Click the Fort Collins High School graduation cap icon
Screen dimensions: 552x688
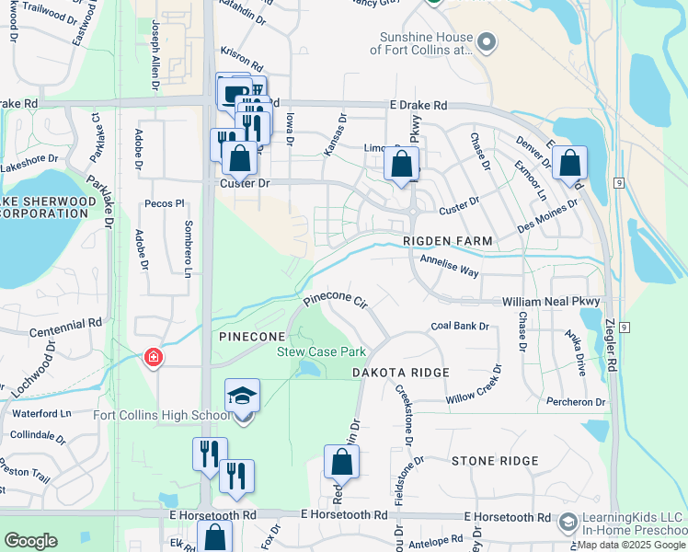tap(243, 396)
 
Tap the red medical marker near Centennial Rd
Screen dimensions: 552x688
tap(154, 358)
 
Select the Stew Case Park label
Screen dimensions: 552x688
tap(322, 351)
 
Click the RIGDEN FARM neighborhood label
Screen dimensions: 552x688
tap(448, 241)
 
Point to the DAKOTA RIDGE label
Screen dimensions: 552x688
tap(401, 373)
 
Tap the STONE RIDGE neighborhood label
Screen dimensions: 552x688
tap(494, 460)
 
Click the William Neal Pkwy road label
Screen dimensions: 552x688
tap(551, 302)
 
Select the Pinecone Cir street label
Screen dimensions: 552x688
tap(336, 300)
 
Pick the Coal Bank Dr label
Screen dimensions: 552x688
tap(459, 327)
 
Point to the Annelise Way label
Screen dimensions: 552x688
tap(450, 266)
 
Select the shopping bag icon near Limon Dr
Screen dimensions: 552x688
tap(401, 166)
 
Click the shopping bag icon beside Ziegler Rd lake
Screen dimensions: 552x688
tap(570, 164)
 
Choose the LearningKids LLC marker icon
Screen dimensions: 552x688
tap(568, 522)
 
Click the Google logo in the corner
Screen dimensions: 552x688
tap(30, 541)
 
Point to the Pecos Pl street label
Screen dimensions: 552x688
tap(165, 202)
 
